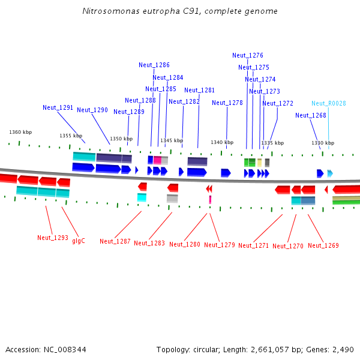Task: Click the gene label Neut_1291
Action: click(58, 108)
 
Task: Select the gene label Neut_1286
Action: click(154, 65)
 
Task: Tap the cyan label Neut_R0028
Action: click(328, 104)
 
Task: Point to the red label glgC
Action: click(79, 241)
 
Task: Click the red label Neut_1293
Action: click(52, 238)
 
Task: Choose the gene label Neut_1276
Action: click(248, 56)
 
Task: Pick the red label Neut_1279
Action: click(219, 245)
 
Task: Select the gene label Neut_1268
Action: click(311, 116)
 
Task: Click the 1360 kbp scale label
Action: click(20, 132)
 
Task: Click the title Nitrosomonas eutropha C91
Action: click(179, 11)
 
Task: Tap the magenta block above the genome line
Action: click(157, 160)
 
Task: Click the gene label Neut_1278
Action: click(227, 103)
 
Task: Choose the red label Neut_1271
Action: click(253, 245)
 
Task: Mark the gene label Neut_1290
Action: click(92, 110)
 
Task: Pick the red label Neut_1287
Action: click(115, 241)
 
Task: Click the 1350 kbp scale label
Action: click(121, 139)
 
